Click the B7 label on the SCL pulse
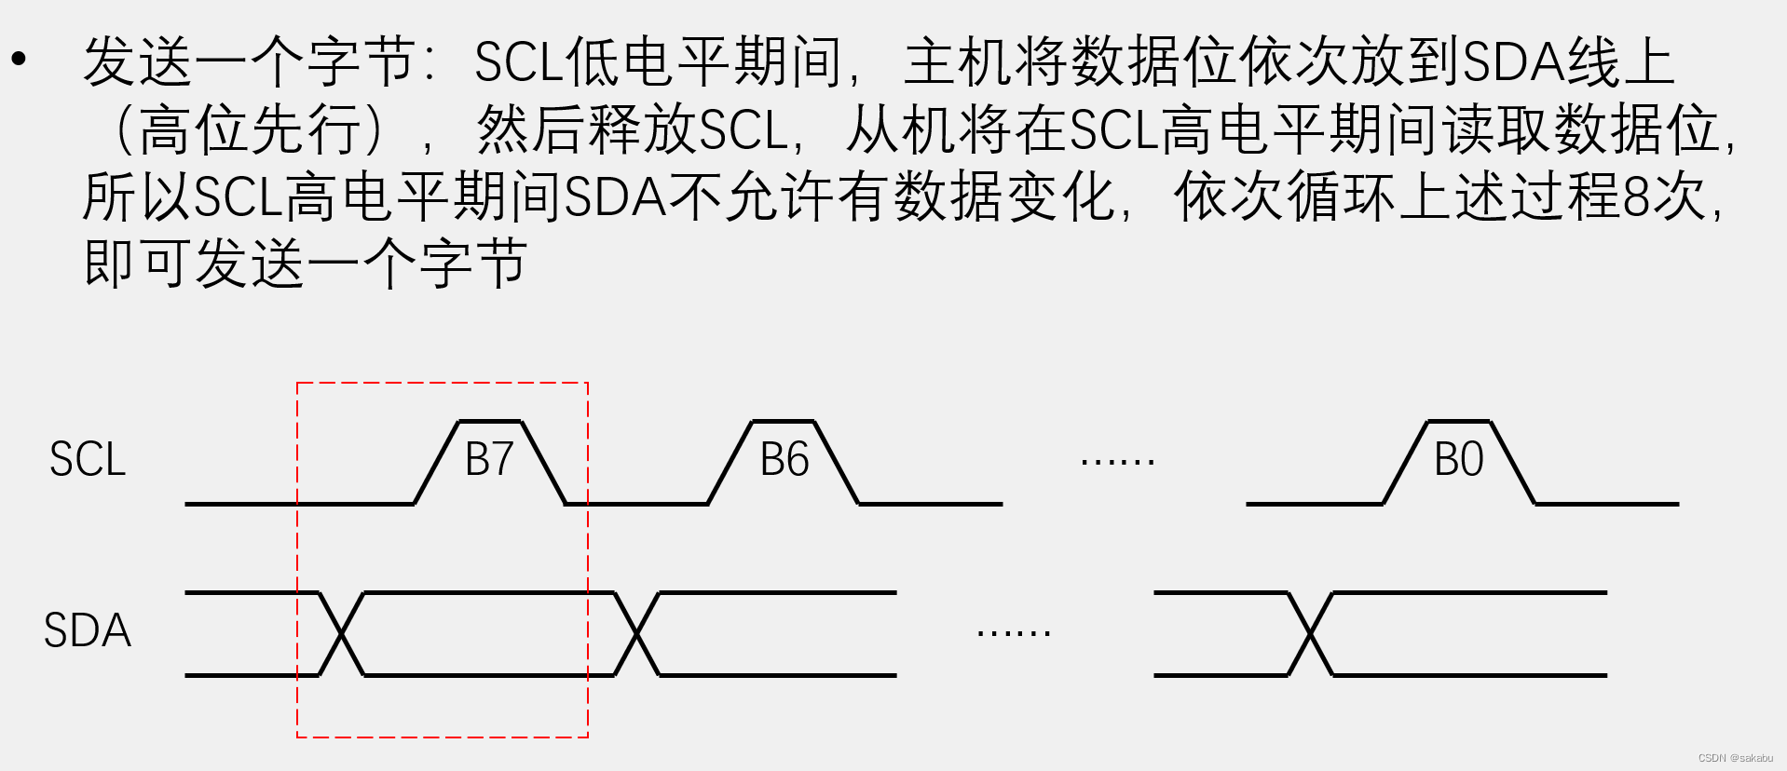[489, 459]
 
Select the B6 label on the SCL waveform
[784, 459]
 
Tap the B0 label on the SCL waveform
[1459, 459]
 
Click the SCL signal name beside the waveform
[88, 459]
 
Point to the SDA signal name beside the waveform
[88, 630]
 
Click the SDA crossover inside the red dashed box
[342, 634]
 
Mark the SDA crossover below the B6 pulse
[637, 634]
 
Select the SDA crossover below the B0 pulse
[1311, 634]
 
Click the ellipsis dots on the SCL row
[1118, 460]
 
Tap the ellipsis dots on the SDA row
[1014, 632]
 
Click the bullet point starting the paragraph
[19, 60]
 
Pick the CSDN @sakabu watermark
[1735, 758]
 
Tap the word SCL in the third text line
[239, 196]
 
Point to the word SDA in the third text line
[615, 196]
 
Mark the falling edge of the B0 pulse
[1512, 463]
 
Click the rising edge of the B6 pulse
[730, 463]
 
